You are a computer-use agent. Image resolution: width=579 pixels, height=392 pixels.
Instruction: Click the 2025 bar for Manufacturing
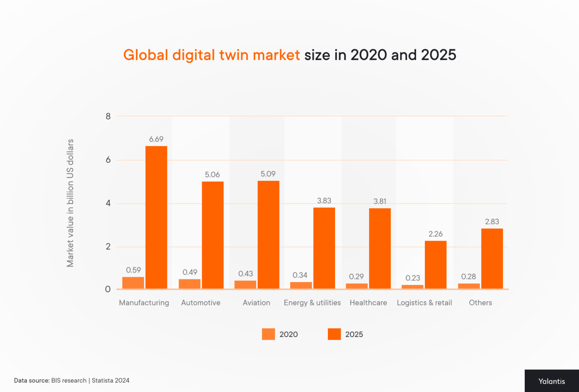coord(156,217)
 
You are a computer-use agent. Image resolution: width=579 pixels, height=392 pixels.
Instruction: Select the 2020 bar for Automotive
coord(190,284)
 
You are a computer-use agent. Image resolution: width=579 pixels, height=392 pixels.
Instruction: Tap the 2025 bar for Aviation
coord(268,235)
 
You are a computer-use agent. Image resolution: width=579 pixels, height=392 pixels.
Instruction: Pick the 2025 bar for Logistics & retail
coord(435,265)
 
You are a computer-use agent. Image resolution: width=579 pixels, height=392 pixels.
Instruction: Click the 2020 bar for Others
coord(469,286)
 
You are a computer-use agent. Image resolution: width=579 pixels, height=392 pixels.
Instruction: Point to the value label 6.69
coord(156,139)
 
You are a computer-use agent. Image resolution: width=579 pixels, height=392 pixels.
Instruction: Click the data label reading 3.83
coord(324,201)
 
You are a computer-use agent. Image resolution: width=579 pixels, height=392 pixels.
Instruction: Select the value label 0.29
coord(356,277)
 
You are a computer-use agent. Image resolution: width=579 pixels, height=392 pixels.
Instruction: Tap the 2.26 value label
coord(435,234)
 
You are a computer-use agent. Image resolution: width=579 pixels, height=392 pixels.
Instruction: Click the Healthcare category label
coord(368,303)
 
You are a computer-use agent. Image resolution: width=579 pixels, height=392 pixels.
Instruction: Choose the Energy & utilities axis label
coord(312,303)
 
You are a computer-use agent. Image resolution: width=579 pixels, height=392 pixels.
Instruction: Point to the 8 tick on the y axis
coord(108,116)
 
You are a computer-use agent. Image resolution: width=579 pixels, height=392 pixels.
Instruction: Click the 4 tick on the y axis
coord(108,203)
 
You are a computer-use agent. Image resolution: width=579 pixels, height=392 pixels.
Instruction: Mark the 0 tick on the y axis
coord(108,289)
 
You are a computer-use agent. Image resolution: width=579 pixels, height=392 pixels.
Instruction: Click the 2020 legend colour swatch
coord(268,334)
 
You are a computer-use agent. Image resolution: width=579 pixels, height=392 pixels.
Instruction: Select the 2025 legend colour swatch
coord(334,334)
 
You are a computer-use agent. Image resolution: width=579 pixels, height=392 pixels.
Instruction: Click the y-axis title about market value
coord(70,203)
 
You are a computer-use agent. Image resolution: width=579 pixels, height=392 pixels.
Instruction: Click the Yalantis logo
coord(551,381)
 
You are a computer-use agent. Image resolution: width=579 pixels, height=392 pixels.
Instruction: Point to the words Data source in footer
coord(32,381)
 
